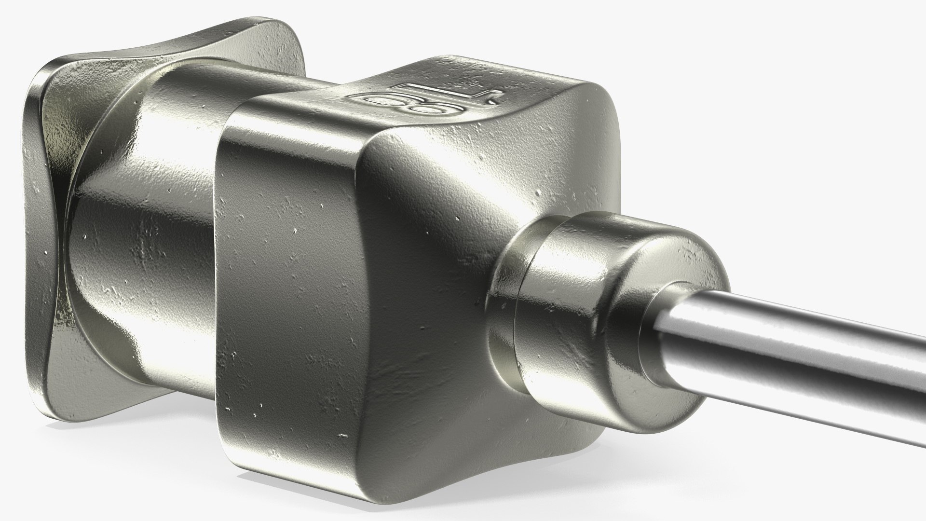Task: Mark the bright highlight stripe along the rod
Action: [820, 338]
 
